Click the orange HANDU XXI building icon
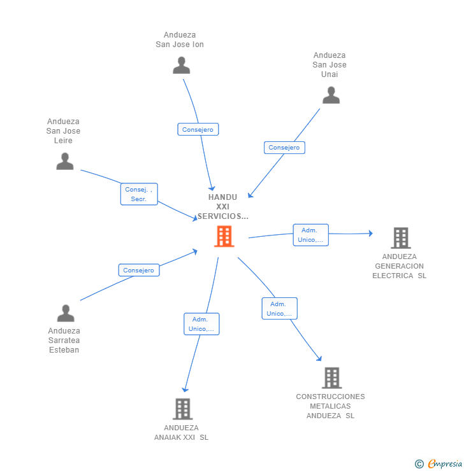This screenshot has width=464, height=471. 224,236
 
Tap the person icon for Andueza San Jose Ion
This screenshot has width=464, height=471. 182,66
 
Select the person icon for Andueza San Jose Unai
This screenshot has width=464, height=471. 331,95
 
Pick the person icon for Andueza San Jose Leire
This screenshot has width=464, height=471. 65,162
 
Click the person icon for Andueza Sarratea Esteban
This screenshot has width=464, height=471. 66,313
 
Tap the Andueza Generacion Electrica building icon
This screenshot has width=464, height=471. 400,238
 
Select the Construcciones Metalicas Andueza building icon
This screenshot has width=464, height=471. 331,378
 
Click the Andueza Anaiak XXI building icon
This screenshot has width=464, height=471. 182,409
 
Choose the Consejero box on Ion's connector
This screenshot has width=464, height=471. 198,129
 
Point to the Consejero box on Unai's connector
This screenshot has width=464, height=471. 284,148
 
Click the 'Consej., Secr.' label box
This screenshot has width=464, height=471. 139,194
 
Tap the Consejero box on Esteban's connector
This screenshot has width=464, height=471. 139,270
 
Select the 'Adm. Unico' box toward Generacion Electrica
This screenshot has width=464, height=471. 310,235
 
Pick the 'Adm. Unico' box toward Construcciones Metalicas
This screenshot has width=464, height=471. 279,309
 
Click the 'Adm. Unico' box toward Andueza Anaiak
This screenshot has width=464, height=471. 201,324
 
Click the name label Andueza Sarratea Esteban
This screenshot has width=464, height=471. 64,341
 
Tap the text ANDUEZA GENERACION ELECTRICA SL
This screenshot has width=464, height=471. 400,266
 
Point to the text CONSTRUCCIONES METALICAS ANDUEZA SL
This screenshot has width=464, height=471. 330,406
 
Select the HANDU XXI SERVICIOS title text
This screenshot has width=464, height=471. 222,207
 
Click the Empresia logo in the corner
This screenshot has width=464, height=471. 439,464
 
